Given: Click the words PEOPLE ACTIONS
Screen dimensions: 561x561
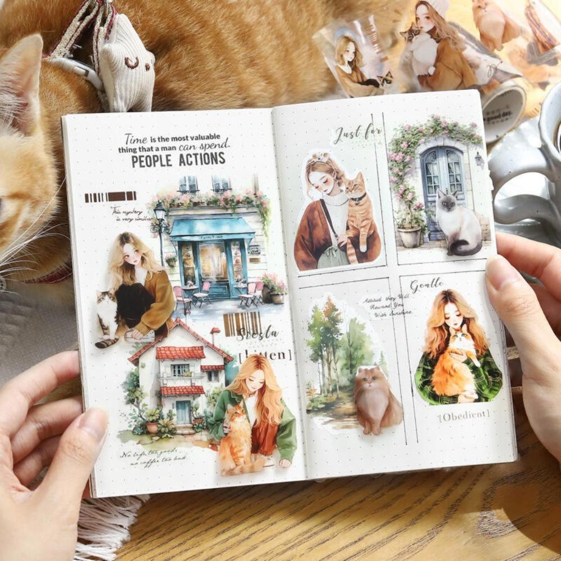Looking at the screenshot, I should [x=178, y=159].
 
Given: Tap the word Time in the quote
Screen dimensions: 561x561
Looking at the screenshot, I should [x=136, y=139].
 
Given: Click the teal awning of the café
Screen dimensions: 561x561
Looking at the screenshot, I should [x=211, y=227].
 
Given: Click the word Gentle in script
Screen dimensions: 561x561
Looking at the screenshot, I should [x=427, y=284].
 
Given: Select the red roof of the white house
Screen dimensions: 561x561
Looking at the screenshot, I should [x=180, y=352].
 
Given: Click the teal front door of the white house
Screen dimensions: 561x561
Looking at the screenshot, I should [x=183, y=412].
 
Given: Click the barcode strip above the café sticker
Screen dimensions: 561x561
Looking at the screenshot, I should [x=111, y=196].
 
